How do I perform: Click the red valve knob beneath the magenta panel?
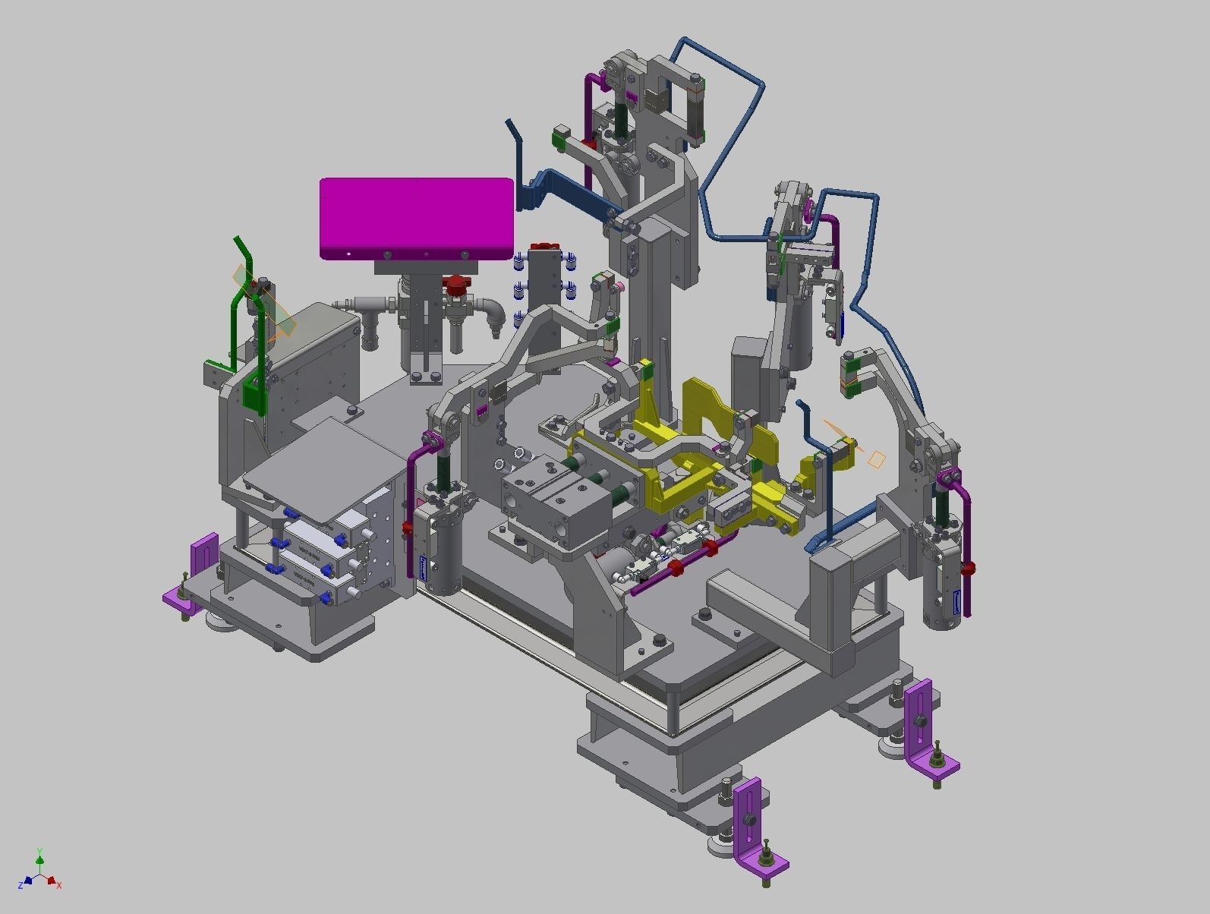[x=457, y=285]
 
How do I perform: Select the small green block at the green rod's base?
[x=254, y=395]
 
